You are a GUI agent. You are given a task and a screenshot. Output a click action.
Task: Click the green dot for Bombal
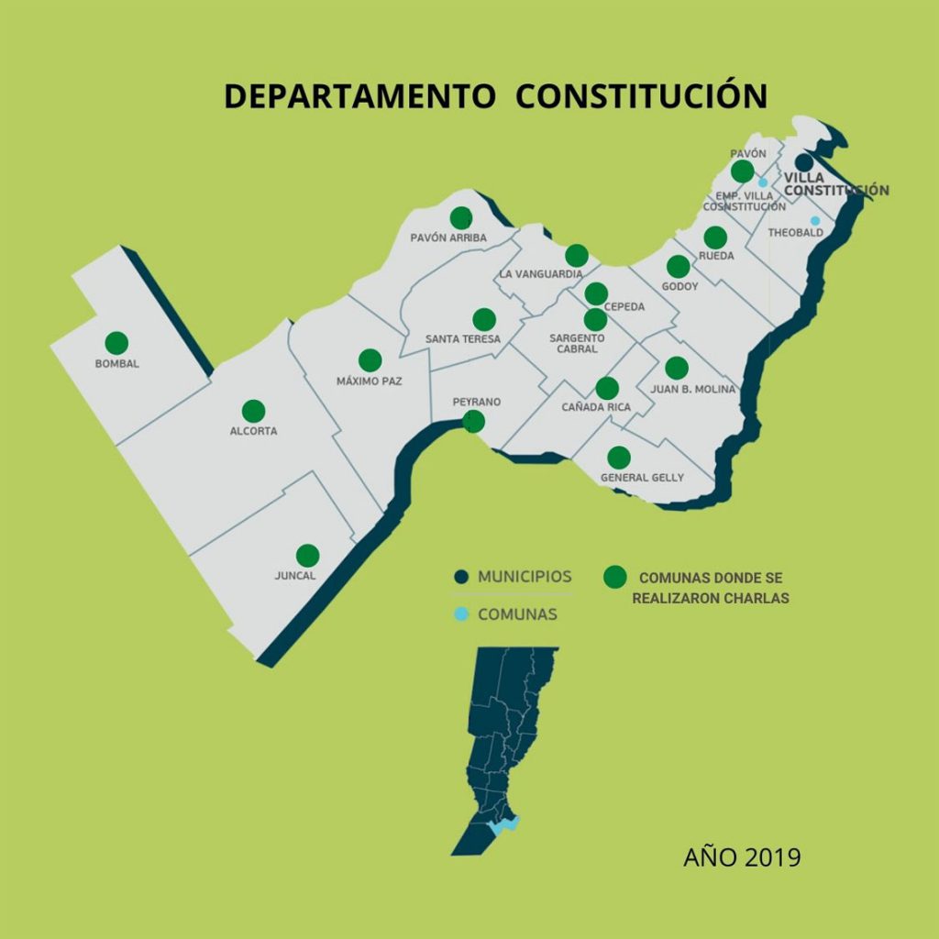pyautogui.click(x=116, y=342)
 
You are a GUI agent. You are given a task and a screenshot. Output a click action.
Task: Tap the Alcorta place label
pyautogui.click(x=253, y=431)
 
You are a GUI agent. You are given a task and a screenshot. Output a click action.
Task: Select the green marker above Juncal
pyautogui.click(x=308, y=555)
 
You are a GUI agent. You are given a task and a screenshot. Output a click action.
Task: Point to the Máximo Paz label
pyautogui.click(x=370, y=381)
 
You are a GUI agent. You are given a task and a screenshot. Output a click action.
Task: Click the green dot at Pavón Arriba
pyautogui.click(x=461, y=217)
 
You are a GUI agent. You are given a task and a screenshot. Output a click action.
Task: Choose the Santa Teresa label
pyautogui.click(x=463, y=339)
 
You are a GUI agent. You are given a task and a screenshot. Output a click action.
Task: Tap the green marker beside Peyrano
pyautogui.click(x=473, y=421)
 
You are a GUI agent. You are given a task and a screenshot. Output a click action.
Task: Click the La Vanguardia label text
pyautogui.click(x=541, y=274)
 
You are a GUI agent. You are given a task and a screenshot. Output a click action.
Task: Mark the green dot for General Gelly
pyautogui.click(x=619, y=457)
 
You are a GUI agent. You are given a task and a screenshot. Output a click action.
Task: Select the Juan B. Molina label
pyautogui.click(x=693, y=389)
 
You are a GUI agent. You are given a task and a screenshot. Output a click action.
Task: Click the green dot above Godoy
pyautogui.click(x=678, y=266)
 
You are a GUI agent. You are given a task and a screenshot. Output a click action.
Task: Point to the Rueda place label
pyautogui.click(x=716, y=256)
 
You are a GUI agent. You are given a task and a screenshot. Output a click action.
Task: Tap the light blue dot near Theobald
pyautogui.click(x=815, y=220)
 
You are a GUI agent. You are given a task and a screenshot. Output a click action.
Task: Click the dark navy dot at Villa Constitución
pyautogui.click(x=803, y=162)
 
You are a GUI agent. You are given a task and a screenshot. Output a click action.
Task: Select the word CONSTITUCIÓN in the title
pyautogui.click(x=641, y=97)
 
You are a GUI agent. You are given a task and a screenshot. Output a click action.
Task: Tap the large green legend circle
pyautogui.click(x=614, y=577)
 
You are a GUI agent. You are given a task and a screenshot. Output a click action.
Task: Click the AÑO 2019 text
pyautogui.click(x=742, y=857)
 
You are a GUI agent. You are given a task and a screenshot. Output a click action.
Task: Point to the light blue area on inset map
pyautogui.click(x=504, y=824)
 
